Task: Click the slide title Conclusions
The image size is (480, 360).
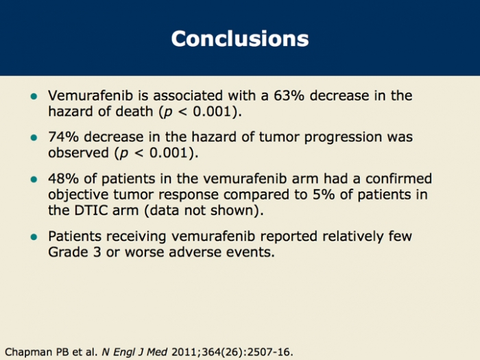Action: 240,38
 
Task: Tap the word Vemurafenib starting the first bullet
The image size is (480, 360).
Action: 91,95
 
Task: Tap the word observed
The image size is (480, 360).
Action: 78,152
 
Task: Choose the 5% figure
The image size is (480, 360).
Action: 324,194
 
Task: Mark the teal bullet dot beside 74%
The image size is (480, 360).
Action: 34,137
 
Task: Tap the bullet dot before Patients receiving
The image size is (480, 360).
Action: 34,237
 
